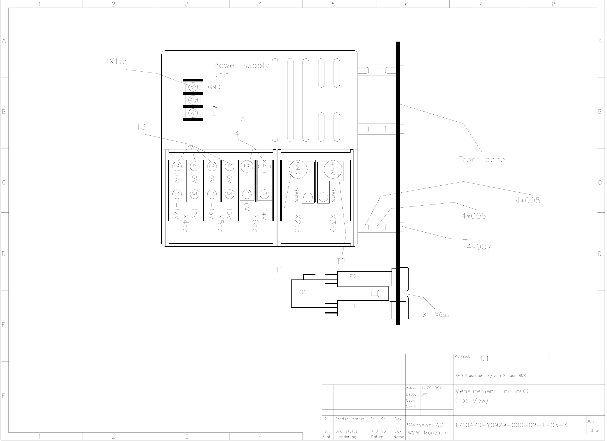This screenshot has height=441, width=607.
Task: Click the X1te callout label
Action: (x=118, y=61)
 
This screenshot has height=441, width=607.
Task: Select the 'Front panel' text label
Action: (x=482, y=160)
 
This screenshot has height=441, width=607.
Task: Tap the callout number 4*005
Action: (x=528, y=201)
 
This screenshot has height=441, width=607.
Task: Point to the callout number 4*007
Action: (x=479, y=247)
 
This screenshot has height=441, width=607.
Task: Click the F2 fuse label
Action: (x=353, y=277)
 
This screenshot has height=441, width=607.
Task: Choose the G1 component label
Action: (x=302, y=292)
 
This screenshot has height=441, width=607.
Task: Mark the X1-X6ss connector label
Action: (x=436, y=315)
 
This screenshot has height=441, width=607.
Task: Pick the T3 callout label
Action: (x=141, y=127)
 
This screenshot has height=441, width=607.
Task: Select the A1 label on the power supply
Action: (x=245, y=119)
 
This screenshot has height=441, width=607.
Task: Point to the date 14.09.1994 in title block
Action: (x=431, y=388)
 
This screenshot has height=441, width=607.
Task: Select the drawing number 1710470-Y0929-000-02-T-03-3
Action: (x=511, y=425)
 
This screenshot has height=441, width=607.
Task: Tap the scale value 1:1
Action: (x=484, y=359)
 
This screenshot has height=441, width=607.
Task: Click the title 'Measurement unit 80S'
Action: (x=491, y=391)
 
